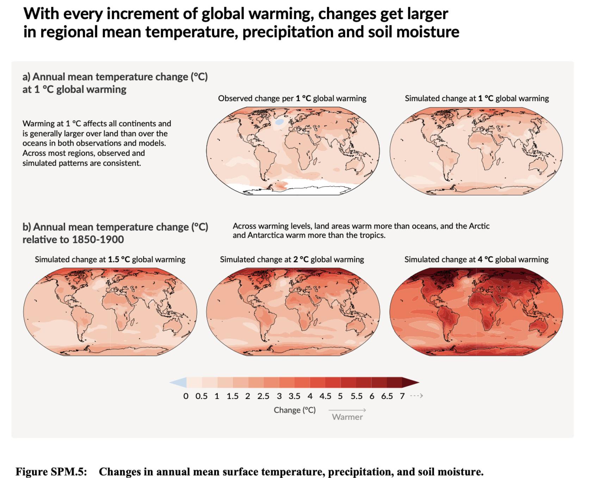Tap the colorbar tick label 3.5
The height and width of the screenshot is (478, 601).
(294, 396)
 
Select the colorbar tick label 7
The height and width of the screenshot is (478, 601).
(402, 396)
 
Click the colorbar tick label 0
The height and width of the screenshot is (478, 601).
(186, 396)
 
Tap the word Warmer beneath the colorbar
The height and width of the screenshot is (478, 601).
(347, 417)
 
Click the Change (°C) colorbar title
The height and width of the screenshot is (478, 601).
(295, 410)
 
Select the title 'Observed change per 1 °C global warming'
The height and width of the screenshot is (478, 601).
(292, 98)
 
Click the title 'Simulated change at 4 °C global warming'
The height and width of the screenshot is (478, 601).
(476, 260)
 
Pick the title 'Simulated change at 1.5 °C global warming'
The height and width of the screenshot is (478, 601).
(110, 260)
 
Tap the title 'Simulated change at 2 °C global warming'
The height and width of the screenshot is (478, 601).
(292, 260)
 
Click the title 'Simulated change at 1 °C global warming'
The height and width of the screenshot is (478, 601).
(477, 98)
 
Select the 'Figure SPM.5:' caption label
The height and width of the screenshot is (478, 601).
(51, 472)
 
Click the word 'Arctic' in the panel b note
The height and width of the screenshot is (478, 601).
(479, 226)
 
